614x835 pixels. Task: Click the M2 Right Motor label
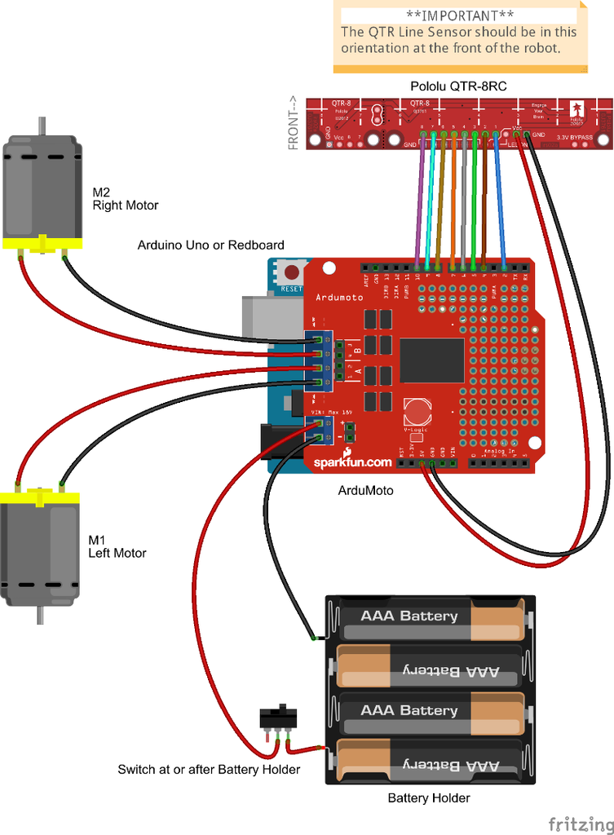[x=125, y=199]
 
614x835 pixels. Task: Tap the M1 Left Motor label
[x=117, y=546]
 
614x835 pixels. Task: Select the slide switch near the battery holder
[x=279, y=718]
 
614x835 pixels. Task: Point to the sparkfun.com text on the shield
[x=352, y=462]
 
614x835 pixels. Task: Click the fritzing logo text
[x=580, y=822]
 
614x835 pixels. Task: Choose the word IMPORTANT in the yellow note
[x=460, y=15]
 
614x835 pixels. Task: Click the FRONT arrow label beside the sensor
[x=294, y=123]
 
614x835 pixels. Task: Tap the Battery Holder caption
[x=428, y=797]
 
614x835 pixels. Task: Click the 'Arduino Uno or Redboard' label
[x=210, y=245]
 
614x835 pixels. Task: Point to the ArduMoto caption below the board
[x=365, y=490]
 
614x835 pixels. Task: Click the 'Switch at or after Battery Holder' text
[x=209, y=769]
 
